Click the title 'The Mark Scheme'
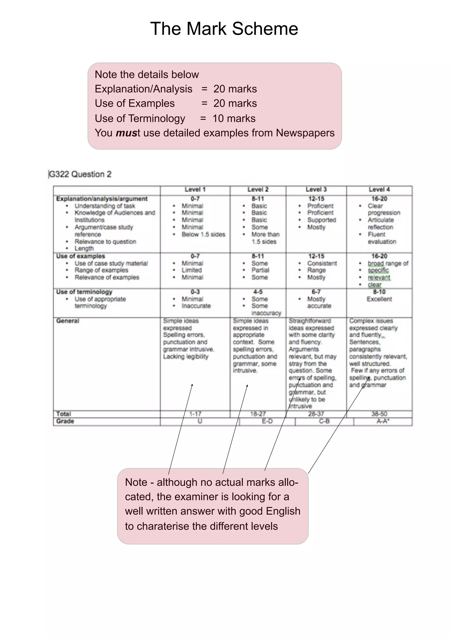coord(224,29)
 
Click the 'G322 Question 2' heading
coord(80,174)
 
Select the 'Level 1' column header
coord(195,189)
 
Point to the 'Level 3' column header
coord(316,189)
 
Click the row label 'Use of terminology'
coord(84,292)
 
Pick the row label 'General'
coord(68,321)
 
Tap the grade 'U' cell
coord(200,421)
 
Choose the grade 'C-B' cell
coord(324,421)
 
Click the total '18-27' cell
coord(258,414)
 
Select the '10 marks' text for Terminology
coord(234,118)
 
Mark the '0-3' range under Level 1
coord(195,292)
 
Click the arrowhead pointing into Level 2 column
coord(247,386)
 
